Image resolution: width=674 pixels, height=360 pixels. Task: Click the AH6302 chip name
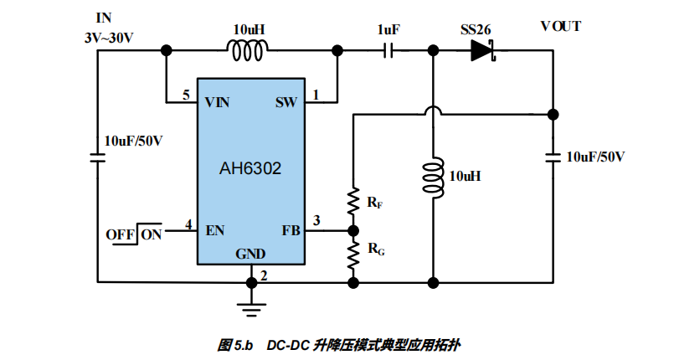pyautogui.click(x=250, y=168)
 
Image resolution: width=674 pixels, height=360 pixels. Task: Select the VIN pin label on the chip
pyautogui.click(x=218, y=103)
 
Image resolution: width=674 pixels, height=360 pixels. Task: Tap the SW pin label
pyautogui.click(x=286, y=103)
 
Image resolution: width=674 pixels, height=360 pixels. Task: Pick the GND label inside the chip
pyautogui.click(x=250, y=254)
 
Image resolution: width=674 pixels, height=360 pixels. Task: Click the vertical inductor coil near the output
pyautogui.click(x=433, y=177)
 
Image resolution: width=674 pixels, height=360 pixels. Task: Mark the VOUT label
pyautogui.click(x=561, y=26)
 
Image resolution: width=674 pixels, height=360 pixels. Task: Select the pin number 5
pyautogui.click(x=187, y=95)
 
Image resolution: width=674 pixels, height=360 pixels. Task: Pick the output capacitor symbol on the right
pyautogui.click(x=553, y=157)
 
